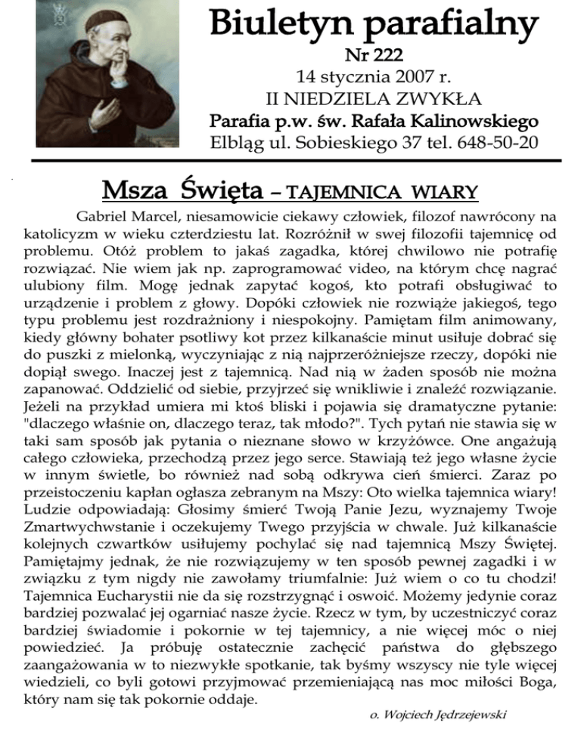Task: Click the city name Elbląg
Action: (242, 143)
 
